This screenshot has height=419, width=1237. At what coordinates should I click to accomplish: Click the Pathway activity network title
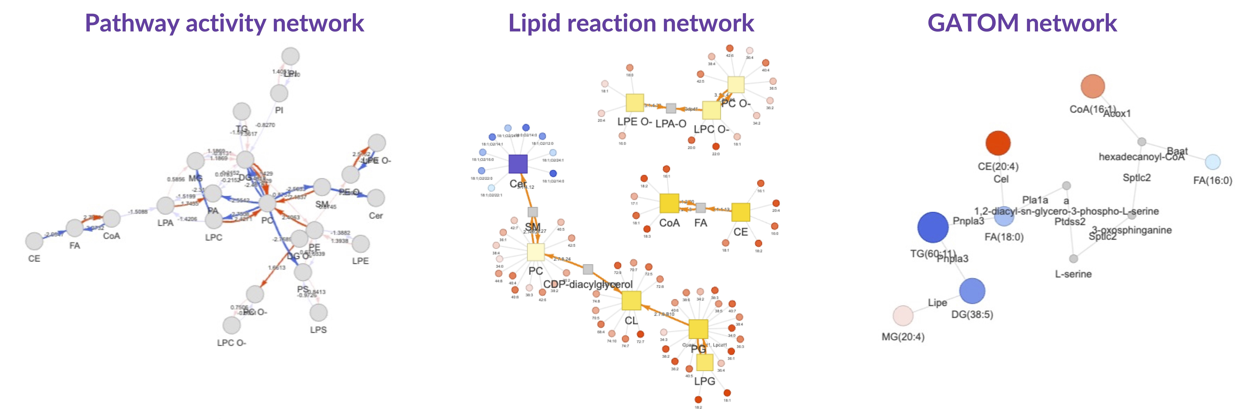(224, 23)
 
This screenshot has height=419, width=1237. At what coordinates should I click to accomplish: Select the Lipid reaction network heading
(631, 23)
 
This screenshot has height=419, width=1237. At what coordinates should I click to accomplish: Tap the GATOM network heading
(1022, 23)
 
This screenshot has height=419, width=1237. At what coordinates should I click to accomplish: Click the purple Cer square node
(518, 164)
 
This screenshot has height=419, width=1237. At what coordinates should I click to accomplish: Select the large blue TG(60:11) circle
(933, 227)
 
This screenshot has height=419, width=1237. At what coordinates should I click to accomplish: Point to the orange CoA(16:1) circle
(1092, 87)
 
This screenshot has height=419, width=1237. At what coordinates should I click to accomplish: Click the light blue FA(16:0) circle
(1213, 162)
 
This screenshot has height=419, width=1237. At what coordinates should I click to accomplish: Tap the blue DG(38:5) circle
(972, 291)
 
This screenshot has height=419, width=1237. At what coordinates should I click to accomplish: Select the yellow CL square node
(631, 300)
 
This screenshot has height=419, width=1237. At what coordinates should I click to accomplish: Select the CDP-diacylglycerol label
(588, 284)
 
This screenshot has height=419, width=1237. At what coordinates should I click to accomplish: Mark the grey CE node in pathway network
(34, 241)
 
